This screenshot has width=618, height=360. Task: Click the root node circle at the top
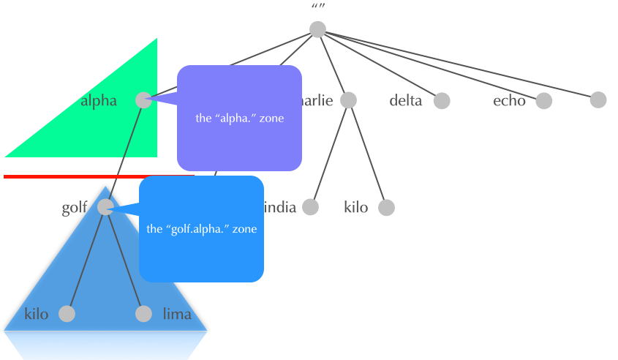pos(317,29)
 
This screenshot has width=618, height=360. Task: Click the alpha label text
pos(99,101)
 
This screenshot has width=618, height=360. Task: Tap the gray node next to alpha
pos(144,100)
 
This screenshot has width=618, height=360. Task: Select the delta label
pos(406,101)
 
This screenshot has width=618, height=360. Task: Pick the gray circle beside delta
pos(442,101)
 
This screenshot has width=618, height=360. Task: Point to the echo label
pos(509,101)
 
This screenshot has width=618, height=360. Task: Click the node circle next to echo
pos(543,101)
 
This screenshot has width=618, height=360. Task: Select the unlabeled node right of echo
pos(598,100)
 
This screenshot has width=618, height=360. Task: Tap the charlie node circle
pos(348,100)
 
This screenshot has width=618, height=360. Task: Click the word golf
pos(75,208)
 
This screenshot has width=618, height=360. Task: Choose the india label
pos(280,208)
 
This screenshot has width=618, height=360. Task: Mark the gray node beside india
pos(311,208)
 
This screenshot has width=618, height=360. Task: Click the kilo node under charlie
pos(387,208)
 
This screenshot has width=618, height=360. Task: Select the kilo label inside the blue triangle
pos(37,315)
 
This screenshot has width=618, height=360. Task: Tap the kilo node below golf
pos(67,314)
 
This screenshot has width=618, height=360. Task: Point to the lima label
pos(177,315)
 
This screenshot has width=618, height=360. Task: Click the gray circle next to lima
pos(143,314)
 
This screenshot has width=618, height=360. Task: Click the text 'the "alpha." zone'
pos(239,117)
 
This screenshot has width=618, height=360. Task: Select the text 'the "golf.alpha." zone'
pos(202,229)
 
